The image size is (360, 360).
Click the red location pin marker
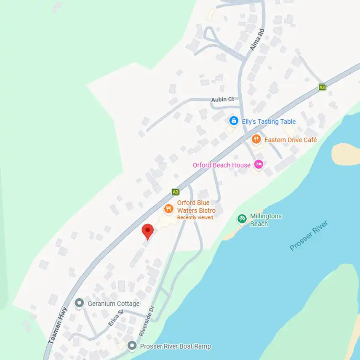click(147, 231)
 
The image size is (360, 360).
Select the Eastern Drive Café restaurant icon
click(256, 139)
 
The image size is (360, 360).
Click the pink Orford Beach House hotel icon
click(259, 165)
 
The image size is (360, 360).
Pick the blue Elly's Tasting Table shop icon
click(233, 121)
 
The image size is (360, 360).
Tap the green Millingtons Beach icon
click(242, 219)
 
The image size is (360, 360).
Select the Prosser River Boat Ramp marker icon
click(132, 346)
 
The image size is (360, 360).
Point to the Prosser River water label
click(308, 236)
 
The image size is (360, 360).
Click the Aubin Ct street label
click(222, 99)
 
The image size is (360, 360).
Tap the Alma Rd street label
click(256, 40)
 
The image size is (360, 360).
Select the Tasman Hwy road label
click(58, 326)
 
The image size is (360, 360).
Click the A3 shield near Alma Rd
click(322, 87)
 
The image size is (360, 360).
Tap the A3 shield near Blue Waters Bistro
click(176, 192)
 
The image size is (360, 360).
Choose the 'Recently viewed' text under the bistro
click(195, 218)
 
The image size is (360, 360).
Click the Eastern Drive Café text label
click(291, 139)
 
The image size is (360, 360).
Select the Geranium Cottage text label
click(113, 303)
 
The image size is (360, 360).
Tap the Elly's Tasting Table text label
click(269, 121)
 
